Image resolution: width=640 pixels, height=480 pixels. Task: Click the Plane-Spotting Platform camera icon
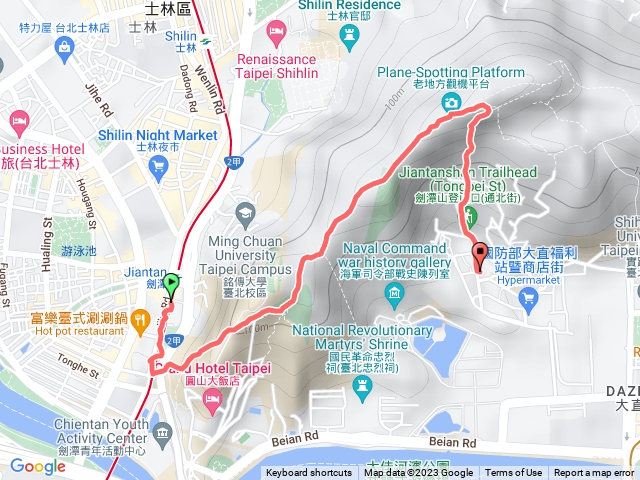pos(452,102)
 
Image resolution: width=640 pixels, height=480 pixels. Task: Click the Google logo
pos(37,466)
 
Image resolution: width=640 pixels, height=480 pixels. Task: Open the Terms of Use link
pos(513,473)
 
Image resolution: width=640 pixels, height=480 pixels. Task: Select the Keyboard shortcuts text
pos(309,473)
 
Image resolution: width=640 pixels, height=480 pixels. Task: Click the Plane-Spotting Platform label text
pos(452,73)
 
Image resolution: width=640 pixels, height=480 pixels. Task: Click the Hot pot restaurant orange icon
pos(139,320)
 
